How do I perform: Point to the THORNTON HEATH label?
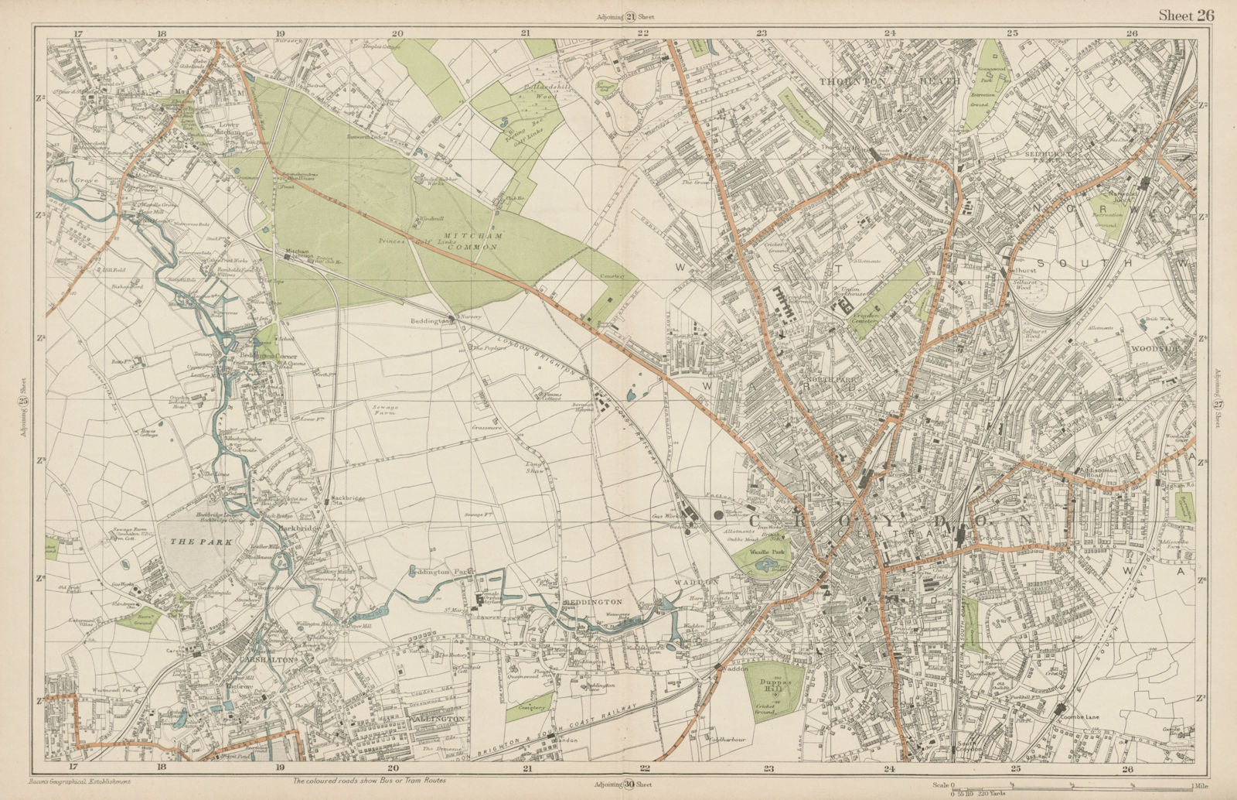point(889,80)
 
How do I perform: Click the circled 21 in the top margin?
point(629,18)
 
